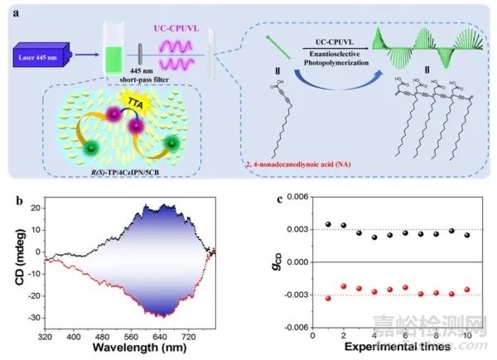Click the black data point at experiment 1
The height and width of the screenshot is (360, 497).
click(x=329, y=224)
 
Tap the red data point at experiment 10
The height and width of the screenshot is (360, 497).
click(x=468, y=289)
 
